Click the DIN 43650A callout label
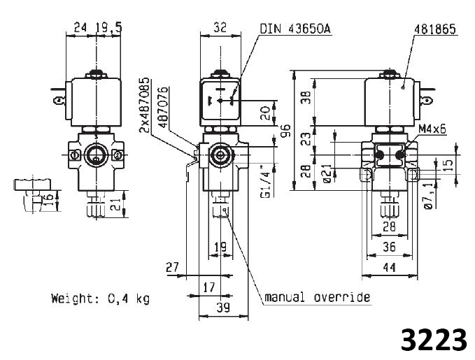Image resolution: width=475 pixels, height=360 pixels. click(x=295, y=29)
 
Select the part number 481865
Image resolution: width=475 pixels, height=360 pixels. click(x=435, y=29)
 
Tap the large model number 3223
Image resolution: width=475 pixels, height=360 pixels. click(x=434, y=340)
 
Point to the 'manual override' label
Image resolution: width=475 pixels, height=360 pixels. click(x=317, y=297)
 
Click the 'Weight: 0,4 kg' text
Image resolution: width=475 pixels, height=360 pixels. click(x=100, y=298)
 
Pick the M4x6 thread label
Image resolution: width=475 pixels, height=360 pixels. click(x=432, y=129)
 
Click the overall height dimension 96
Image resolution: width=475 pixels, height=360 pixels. click(x=286, y=130)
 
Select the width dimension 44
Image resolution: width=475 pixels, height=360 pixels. click(x=389, y=268)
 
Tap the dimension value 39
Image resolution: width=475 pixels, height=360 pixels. click(x=223, y=308)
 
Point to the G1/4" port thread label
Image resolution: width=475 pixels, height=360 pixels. click(x=265, y=181)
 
